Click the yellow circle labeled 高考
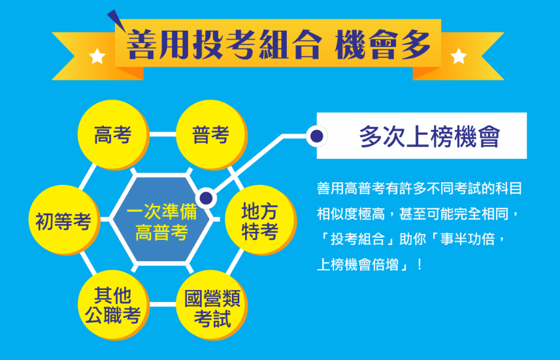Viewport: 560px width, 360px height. click(x=113, y=135)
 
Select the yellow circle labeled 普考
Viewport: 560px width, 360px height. click(x=212, y=135)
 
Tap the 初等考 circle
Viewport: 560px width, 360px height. click(x=64, y=220)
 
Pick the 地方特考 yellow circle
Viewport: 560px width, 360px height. click(x=260, y=220)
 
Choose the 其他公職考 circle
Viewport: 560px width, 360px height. click(x=113, y=305)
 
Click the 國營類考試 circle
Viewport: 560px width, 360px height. click(x=212, y=305)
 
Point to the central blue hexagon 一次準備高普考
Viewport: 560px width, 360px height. click(x=162, y=220)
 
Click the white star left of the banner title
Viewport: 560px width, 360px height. click(x=97, y=56)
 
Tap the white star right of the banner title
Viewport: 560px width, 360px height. click(x=459, y=56)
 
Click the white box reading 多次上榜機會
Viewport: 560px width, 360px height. click(x=421, y=136)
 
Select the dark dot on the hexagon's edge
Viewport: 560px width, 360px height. click(x=206, y=198)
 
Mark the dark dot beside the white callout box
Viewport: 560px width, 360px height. click(x=317, y=136)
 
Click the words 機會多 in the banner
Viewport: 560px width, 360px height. click(x=382, y=44)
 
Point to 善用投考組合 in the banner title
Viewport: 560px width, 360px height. click(x=223, y=44)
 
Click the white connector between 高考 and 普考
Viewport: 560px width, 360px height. click(x=163, y=135)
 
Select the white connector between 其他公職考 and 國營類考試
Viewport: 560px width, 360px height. click(x=163, y=304)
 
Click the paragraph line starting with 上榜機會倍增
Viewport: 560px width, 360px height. click(x=370, y=265)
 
